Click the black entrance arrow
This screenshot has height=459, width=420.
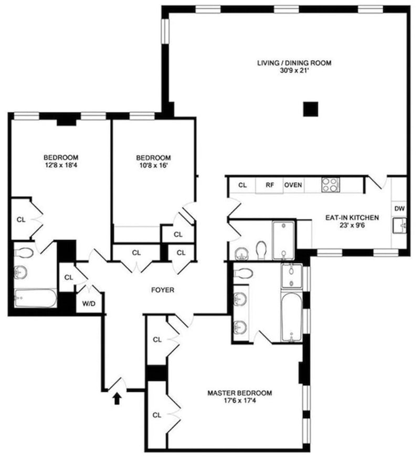(117, 398)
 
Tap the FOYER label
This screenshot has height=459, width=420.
(163, 290)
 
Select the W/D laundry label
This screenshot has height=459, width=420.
(88, 304)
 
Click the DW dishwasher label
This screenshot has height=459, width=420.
(400, 208)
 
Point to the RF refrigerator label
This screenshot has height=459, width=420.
(270, 185)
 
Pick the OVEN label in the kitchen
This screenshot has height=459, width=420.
(293, 185)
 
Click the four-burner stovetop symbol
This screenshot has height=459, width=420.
(330, 185)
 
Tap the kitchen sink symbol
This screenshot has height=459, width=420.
(399, 226)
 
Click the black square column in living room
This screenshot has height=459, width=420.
(310, 109)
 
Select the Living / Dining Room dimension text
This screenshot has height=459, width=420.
(295, 70)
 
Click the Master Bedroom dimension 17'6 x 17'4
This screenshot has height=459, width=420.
(239, 400)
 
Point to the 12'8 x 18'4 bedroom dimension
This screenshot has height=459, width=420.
(61, 165)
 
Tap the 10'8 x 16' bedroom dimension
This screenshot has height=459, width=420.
(153, 165)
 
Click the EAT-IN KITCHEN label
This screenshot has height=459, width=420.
(352, 218)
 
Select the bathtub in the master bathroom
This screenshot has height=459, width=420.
(291, 317)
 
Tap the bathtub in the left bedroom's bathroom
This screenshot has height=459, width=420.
(36, 298)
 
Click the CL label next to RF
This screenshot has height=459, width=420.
(243, 185)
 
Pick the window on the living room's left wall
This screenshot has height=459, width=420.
(166, 31)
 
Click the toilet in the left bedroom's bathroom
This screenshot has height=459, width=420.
(24, 252)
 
